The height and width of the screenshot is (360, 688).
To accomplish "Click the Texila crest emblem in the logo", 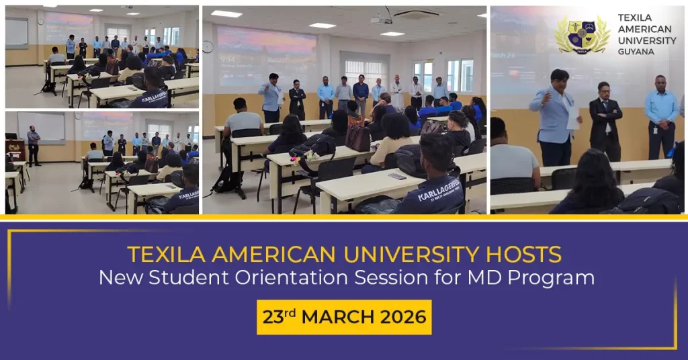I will click(582, 34).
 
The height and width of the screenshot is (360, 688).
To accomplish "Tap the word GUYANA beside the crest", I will click(635, 51).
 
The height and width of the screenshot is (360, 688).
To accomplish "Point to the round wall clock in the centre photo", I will click(208, 46).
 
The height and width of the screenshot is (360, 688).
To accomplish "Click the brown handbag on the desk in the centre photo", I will click(358, 137).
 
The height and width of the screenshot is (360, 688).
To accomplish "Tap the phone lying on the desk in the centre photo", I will click(397, 177).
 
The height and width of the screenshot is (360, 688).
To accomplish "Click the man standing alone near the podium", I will click(33, 144).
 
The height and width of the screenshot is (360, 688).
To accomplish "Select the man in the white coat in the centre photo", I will click(397, 93).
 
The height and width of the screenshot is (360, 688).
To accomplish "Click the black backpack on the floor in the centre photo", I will click(228, 180).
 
